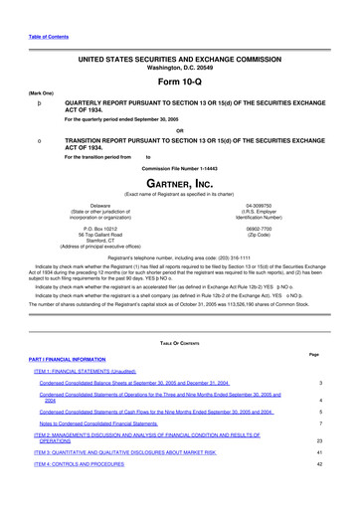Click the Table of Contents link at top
click(33, 36)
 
